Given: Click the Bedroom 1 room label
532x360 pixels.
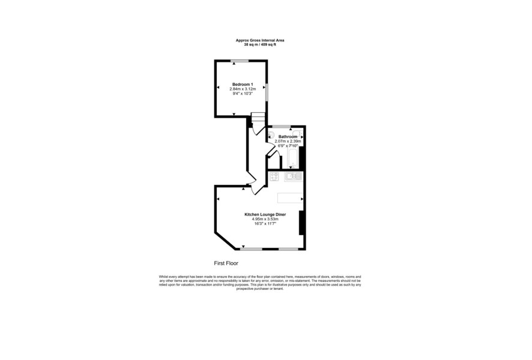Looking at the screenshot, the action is coord(243,85).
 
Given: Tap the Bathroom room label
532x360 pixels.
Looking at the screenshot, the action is coord(288,137).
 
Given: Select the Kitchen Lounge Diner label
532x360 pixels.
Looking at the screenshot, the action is coord(265,215).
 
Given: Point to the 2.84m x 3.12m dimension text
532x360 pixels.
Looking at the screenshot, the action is coord(243,89).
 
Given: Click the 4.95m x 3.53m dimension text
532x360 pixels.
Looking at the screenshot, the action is coord(265,220).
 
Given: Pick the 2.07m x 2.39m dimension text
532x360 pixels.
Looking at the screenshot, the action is coord(288,141).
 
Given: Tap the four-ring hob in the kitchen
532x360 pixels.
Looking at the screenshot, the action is coord(274,176).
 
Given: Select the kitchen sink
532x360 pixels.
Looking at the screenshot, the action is coord(293,176).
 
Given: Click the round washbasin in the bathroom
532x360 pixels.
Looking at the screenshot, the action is coord(271,134).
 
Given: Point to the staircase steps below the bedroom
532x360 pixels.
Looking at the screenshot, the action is coord(258,119).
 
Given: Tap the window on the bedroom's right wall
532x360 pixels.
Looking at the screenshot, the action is coord(267,92).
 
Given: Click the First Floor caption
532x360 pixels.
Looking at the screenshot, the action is coord(226,263).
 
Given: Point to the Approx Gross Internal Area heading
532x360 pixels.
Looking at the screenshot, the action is coord(260,40).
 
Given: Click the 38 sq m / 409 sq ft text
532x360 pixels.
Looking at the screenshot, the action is coord(260,44).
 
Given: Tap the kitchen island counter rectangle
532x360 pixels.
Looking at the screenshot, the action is coord(290,198).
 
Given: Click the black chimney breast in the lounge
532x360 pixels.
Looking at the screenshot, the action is coord(301,223).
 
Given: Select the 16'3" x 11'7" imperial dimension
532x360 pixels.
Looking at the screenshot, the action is coord(265,224).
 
